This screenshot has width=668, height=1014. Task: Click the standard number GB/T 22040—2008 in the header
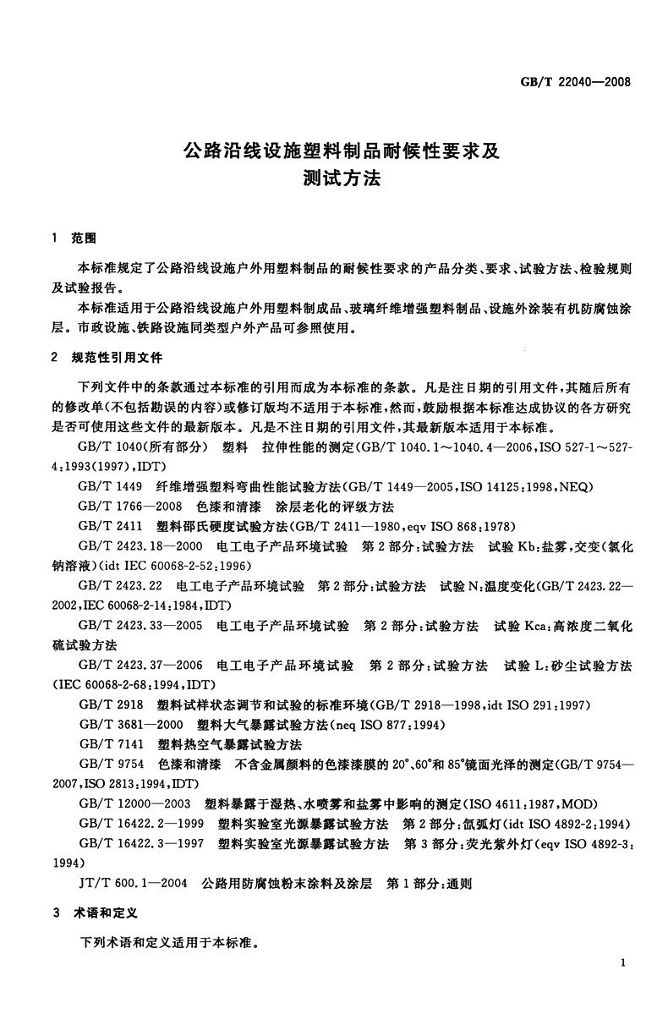click(578, 83)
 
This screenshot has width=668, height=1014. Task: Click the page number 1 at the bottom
click(622, 963)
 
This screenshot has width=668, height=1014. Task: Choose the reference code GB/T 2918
click(108, 705)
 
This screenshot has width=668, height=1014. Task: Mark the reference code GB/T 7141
click(108, 745)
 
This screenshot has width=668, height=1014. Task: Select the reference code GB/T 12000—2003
click(132, 804)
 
